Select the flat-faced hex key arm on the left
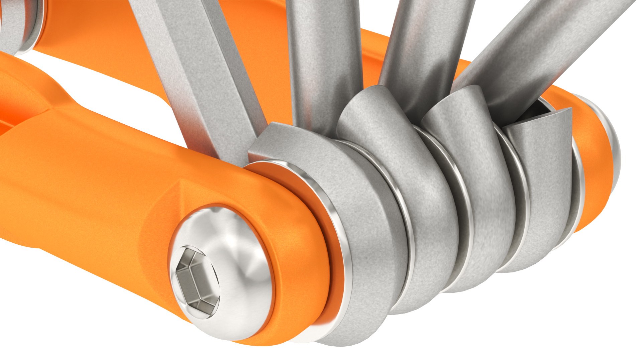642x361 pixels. (x=197, y=67)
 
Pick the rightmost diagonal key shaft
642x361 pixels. (x=535, y=50)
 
